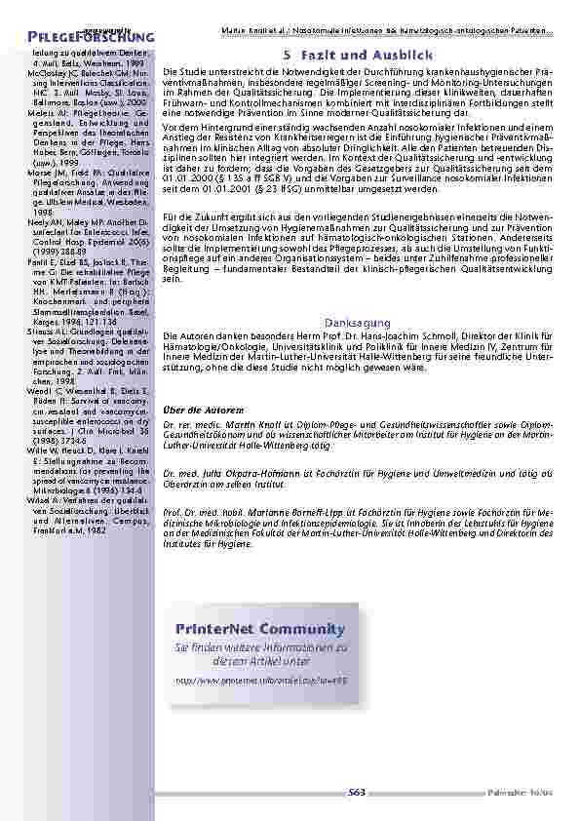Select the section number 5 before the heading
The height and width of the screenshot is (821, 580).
coord(288,55)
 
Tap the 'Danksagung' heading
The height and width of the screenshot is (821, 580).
coord(357,323)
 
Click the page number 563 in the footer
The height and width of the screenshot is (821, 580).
coord(356,793)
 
